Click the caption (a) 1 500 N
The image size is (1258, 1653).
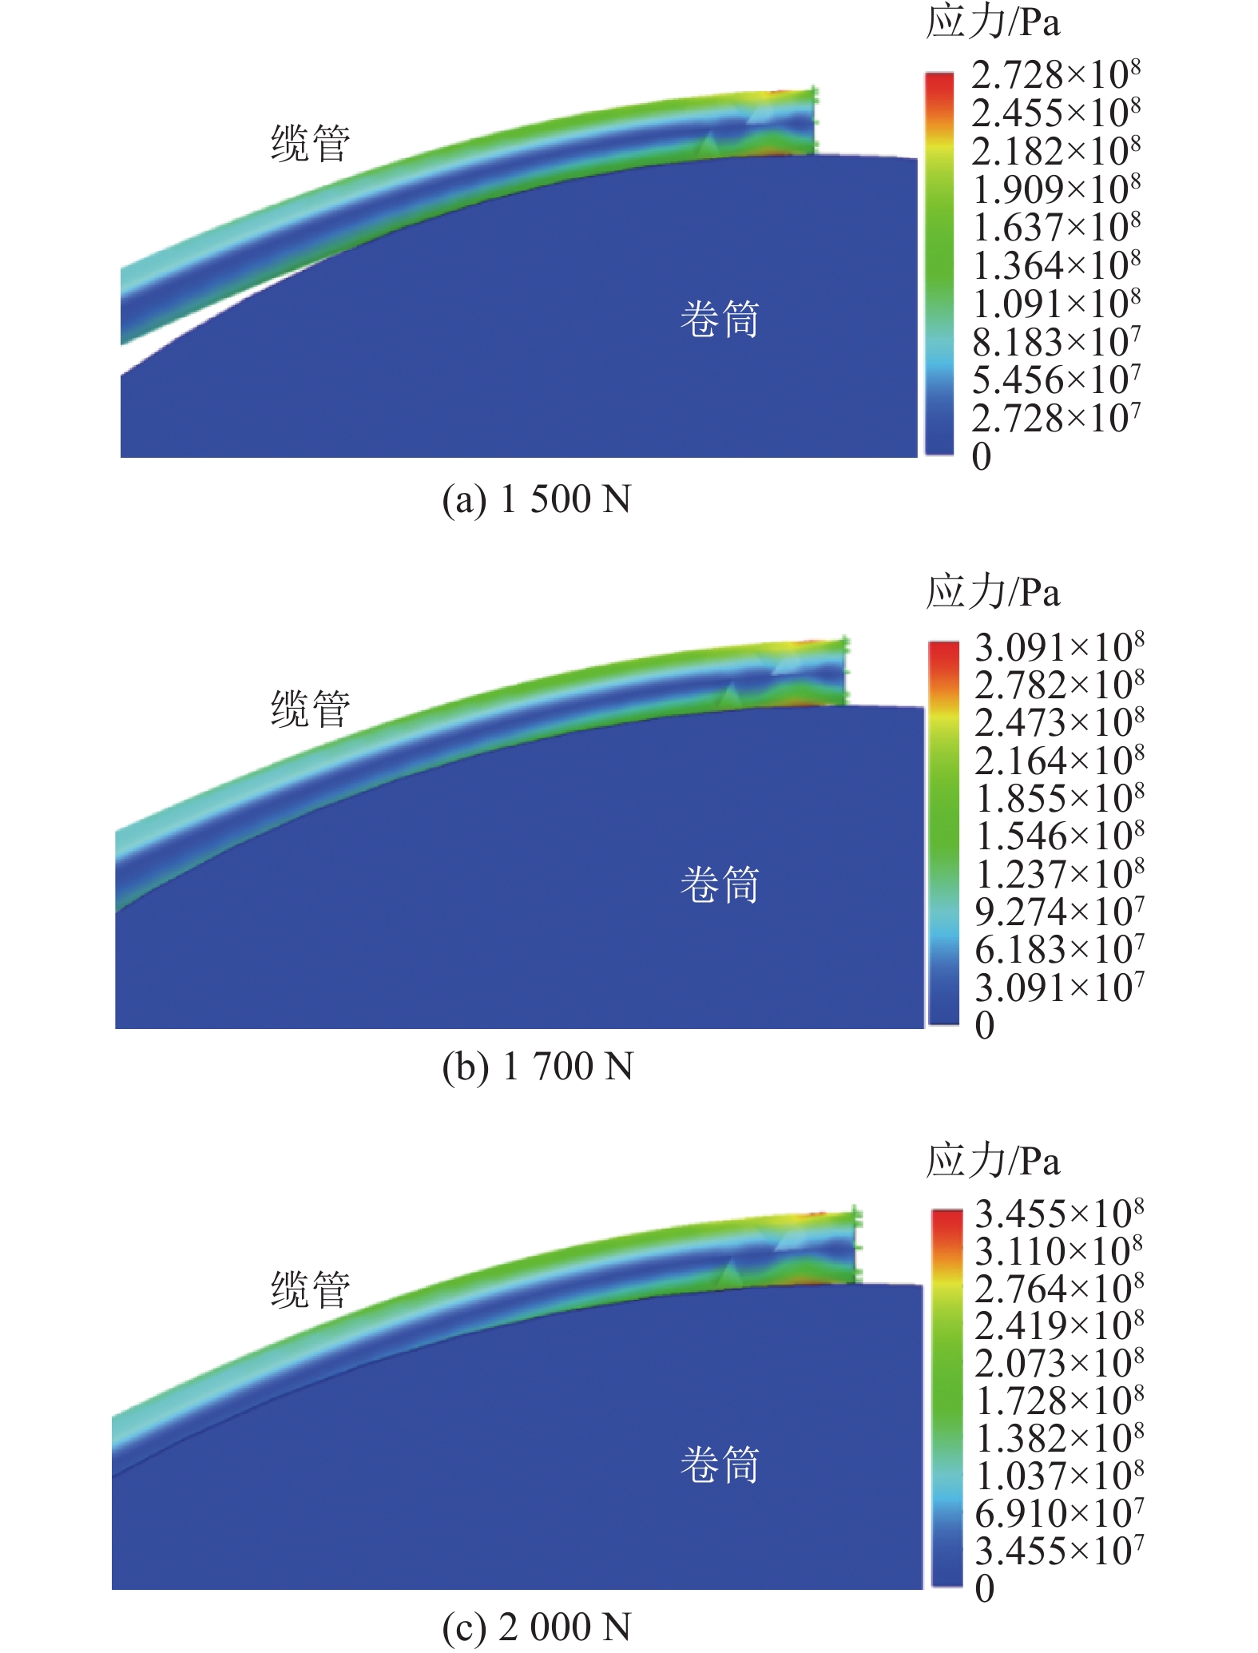[537, 499]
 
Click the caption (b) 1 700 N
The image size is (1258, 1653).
[538, 1067]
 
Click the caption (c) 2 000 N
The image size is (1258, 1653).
[537, 1627]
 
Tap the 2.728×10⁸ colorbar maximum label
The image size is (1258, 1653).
[1056, 75]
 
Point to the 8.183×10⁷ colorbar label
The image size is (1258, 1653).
[1056, 343]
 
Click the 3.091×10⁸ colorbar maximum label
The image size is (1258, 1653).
[1059, 647]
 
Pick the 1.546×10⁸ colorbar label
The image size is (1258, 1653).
[1059, 836]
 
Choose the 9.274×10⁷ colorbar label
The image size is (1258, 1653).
[1059, 912]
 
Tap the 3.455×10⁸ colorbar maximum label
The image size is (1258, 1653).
[1059, 1214]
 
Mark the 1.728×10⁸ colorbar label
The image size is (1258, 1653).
[1059, 1401]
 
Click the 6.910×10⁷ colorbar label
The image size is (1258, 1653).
[1059, 1514]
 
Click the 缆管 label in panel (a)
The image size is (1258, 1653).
[311, 144]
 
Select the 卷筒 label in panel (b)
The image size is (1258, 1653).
[719, 884]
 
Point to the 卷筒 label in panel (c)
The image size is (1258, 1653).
[719, 1464]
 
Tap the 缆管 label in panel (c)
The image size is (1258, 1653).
[311, 1289]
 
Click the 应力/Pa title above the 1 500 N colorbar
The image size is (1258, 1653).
[993, 22]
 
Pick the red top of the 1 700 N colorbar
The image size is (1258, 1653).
[943, 651]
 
